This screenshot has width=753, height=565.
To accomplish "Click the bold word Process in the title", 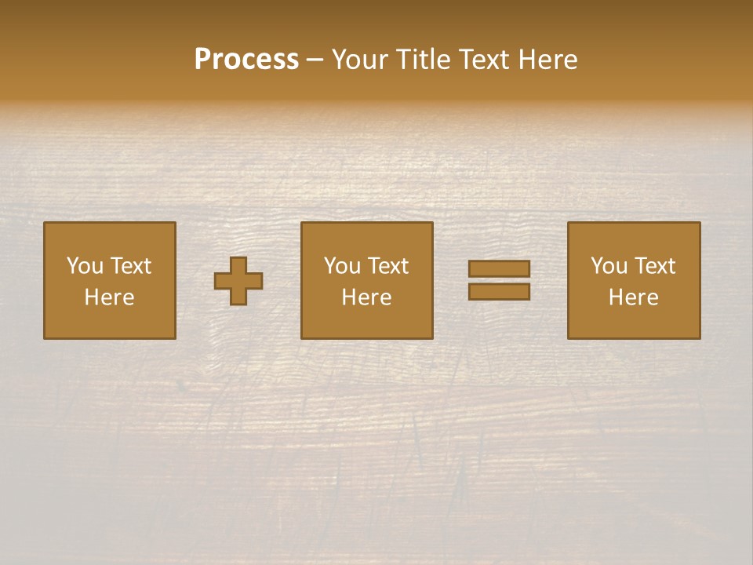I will click(x=246, y=60).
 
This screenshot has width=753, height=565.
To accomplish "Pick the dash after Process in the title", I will click(x=315, y=60).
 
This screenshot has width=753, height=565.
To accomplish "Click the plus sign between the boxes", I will click(x=239, y=281).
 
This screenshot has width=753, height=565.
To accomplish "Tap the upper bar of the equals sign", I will click(x=499, y=269).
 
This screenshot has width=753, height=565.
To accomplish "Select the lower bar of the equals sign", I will click(x=499, y=291).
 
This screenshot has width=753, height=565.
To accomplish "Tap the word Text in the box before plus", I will click(x=130, y=266).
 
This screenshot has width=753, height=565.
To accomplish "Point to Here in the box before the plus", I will click(x=110, y=297).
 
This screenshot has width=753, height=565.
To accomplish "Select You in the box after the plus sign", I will click(x=342, y=266).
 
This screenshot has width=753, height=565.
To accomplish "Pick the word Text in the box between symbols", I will click(x=387, y=266).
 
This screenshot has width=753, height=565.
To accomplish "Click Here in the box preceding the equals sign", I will click(x=367, y=297).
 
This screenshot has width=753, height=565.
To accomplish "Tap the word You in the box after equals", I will click(x=609, y=266).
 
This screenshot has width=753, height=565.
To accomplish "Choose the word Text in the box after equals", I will click(x=654, y=266).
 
